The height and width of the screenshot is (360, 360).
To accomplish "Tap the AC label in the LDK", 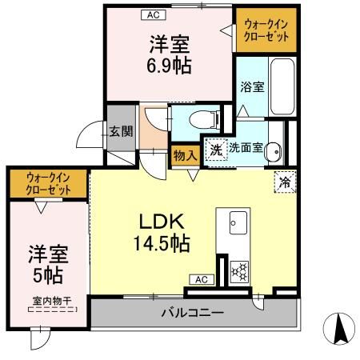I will pos(201,279).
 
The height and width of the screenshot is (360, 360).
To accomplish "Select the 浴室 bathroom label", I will pos(251,87).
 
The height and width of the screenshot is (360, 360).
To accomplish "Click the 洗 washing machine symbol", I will pos(216,149).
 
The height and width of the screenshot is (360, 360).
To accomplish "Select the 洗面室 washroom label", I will pos(245,148).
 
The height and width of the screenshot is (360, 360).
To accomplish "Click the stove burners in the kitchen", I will pos(238,273).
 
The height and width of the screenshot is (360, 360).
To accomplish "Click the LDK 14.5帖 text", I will pos(165,233).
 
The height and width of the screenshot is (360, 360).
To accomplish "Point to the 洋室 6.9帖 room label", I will pos(168,54).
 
